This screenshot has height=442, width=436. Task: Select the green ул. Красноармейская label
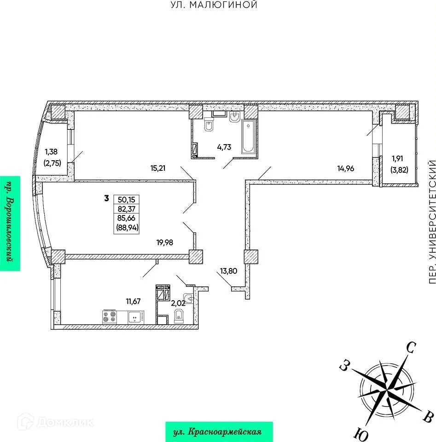[x=219, y=432]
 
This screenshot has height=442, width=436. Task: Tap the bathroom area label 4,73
[x=225, y=147]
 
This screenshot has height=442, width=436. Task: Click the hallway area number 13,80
[x=228, y=284]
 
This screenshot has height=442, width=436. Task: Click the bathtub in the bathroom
[x=248, y=137]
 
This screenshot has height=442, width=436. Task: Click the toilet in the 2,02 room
[x=180, y=315]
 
